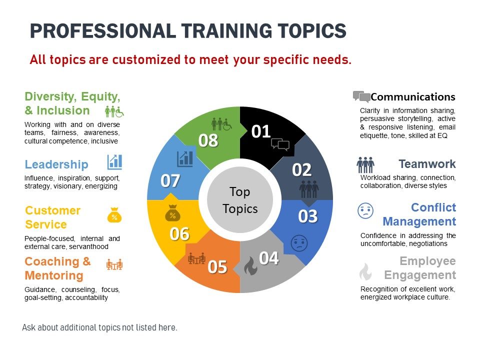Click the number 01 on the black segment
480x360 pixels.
261,131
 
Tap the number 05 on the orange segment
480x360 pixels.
217,267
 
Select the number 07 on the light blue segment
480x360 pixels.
170,180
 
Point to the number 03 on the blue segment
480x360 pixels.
308,216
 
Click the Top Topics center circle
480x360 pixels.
240,200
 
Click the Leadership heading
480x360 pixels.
56,164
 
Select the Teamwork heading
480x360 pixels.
427,164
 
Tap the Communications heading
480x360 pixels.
413,96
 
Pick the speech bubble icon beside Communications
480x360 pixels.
361,96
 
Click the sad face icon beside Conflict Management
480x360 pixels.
365,210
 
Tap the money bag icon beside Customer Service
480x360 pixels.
114,215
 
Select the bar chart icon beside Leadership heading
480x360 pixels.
115,162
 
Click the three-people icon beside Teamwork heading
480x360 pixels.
365,165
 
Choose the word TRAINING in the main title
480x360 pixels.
226,31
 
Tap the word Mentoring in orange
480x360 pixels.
54,275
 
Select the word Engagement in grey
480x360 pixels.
420,275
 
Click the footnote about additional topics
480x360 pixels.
100,327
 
